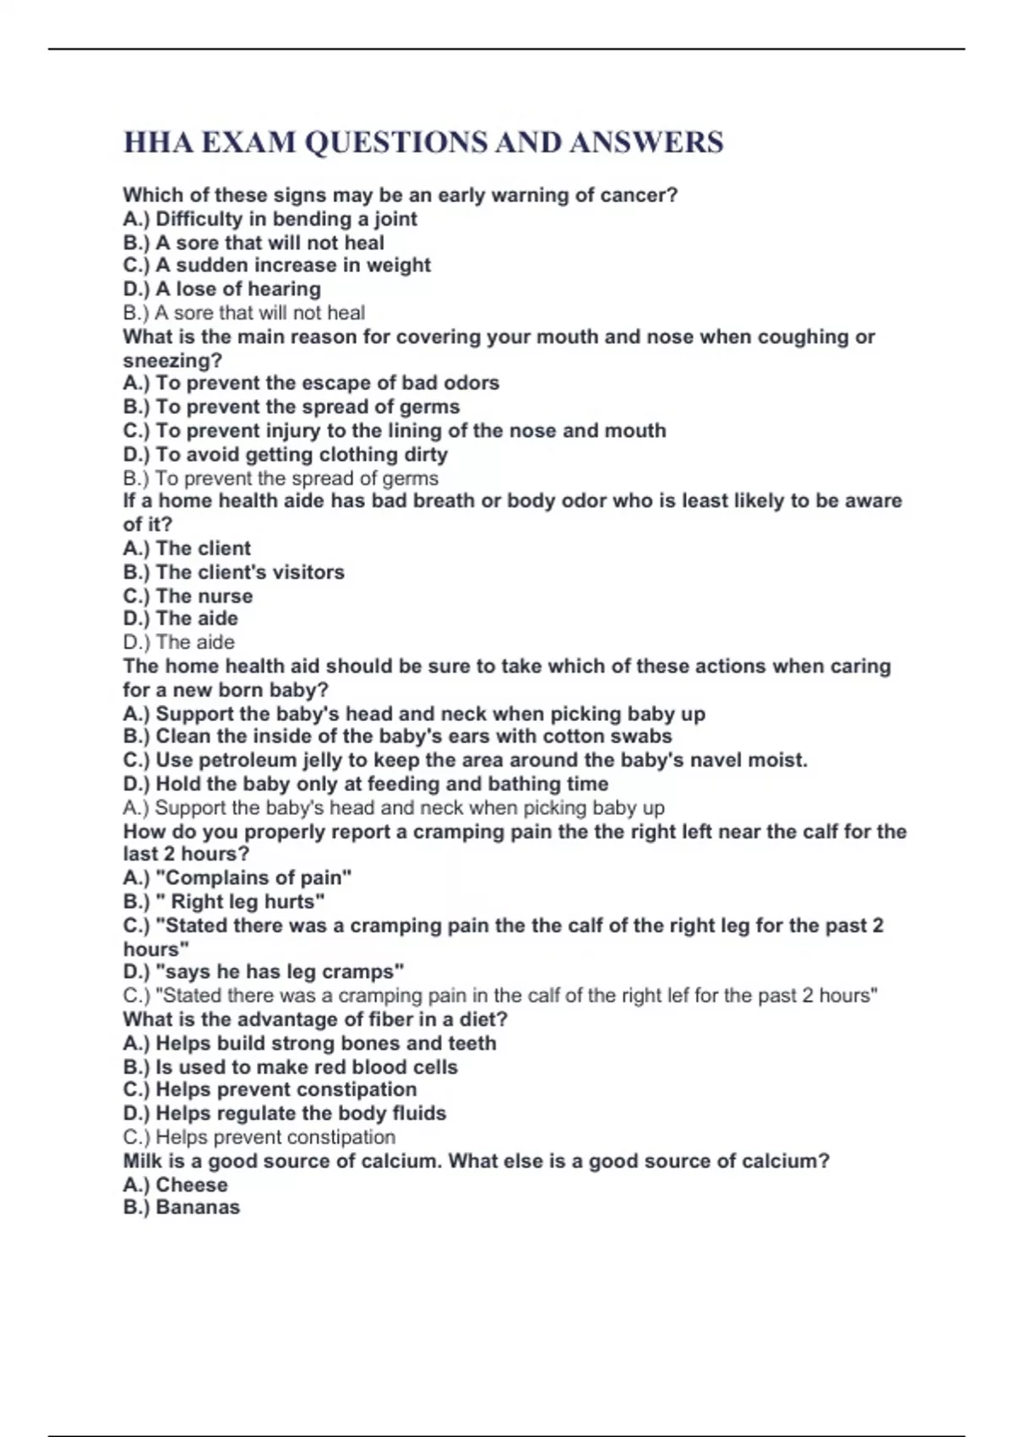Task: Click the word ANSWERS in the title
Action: click(646, 142)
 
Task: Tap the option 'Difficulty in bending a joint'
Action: click(286, 219)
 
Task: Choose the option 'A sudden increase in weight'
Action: click(292, 265)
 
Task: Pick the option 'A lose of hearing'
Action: click(237, 289)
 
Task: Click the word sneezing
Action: click(169, 361)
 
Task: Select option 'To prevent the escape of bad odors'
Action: click(327, 383)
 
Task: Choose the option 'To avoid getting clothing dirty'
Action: click(301, 455)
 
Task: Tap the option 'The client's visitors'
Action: click(249, 572)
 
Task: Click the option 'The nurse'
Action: click(204, 596)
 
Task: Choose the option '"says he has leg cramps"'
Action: click(279, 972)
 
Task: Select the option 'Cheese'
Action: click(191, 1185)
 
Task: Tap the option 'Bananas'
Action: click(197, 1207)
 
